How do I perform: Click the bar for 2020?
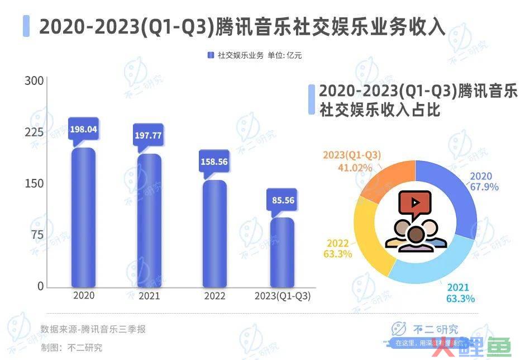83,218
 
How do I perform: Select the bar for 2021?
149,221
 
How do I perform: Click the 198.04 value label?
83,129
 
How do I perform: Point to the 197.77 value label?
149,136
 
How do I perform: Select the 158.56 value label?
214,162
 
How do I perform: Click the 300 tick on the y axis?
35,81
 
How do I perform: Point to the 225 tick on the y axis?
35,132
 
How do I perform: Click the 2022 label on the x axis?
214,296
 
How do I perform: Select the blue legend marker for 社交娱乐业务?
211,55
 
